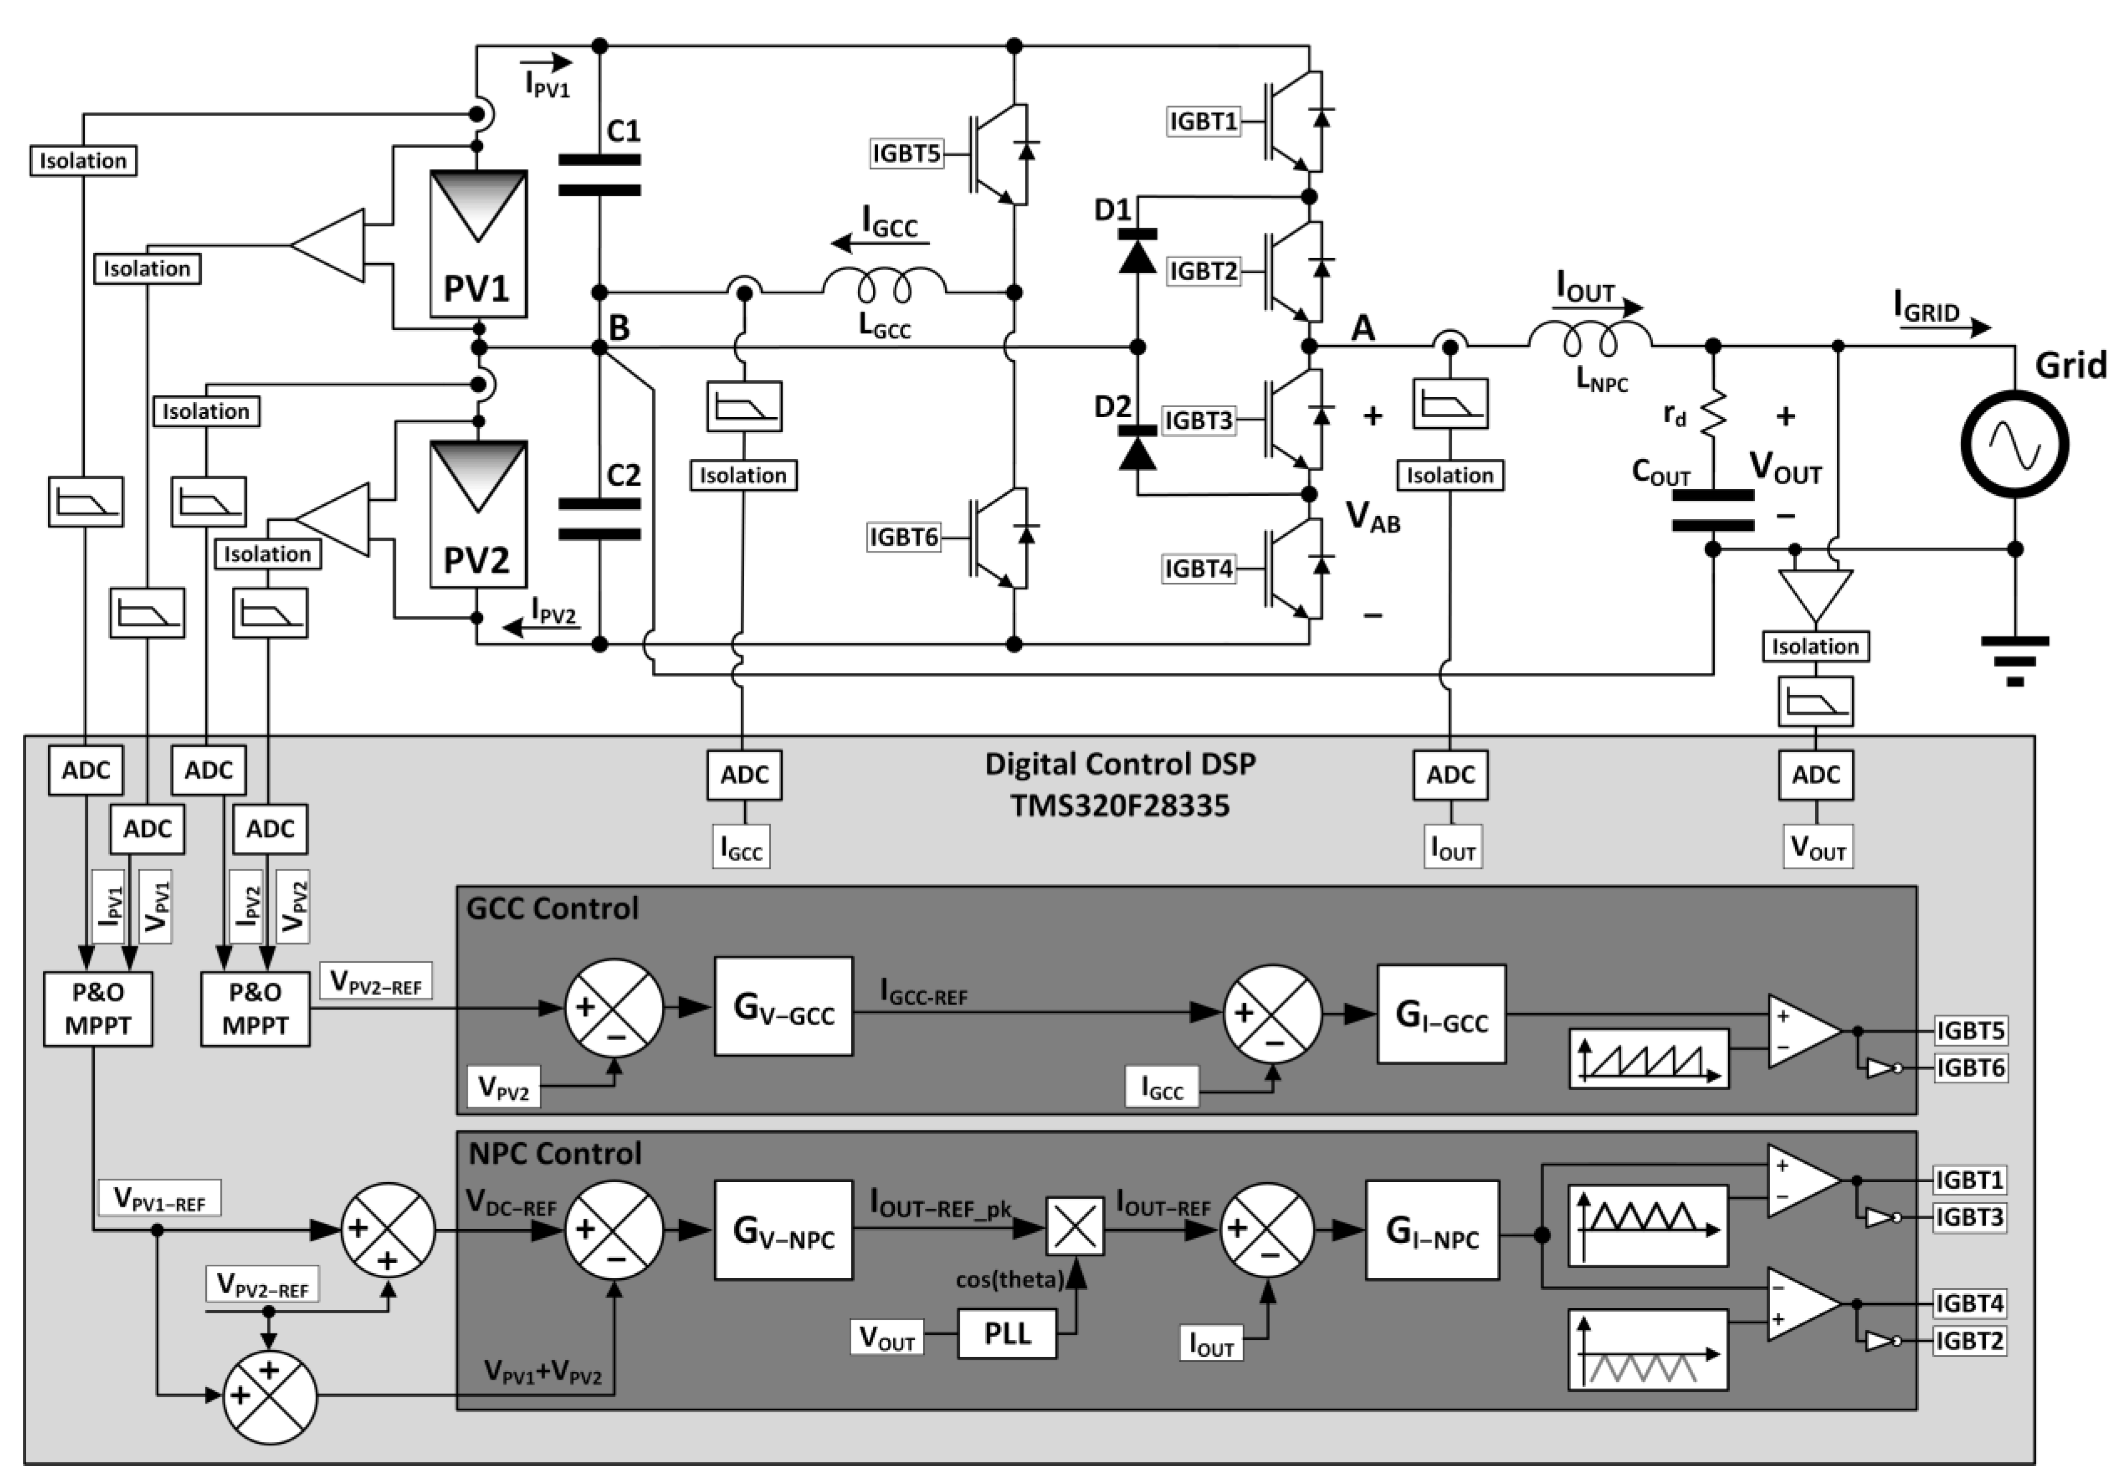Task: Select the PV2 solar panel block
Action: (478, 514)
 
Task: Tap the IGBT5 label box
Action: (906, 153)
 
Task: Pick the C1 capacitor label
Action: (624, 131)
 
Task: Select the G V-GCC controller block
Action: (784, 1007)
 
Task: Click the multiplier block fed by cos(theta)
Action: (1074, 1227)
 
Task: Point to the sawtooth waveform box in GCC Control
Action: (1648, 1058)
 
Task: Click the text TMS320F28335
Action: (1119, 806)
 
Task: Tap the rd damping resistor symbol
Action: (1713, 414)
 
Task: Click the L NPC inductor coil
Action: (1589, 339)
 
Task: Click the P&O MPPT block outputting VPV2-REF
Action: (256, 1009)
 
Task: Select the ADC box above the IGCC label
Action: (744, 775)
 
